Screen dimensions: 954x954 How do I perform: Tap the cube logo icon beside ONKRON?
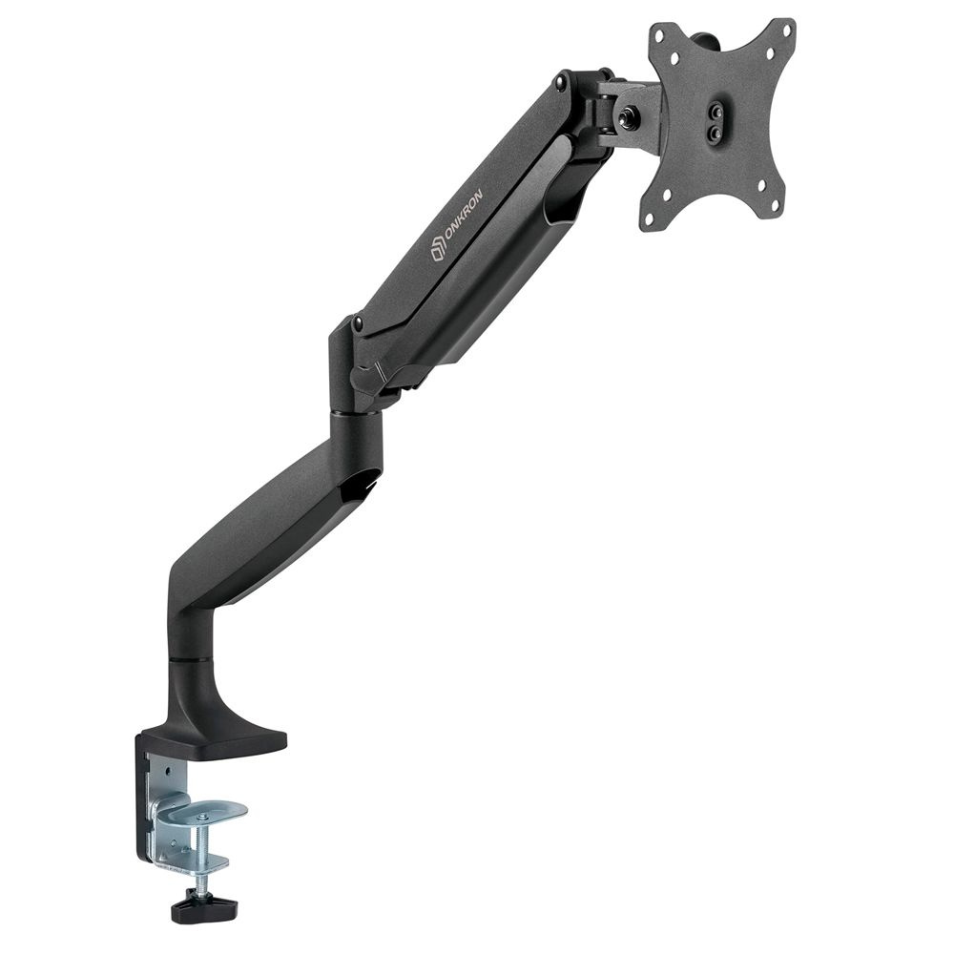[x=436, y=250]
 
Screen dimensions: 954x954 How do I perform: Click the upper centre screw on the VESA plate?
[x=716, y=112]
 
